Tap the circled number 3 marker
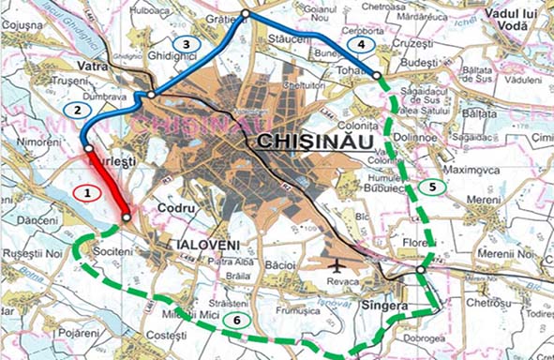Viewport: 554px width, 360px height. pos(187,44)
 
